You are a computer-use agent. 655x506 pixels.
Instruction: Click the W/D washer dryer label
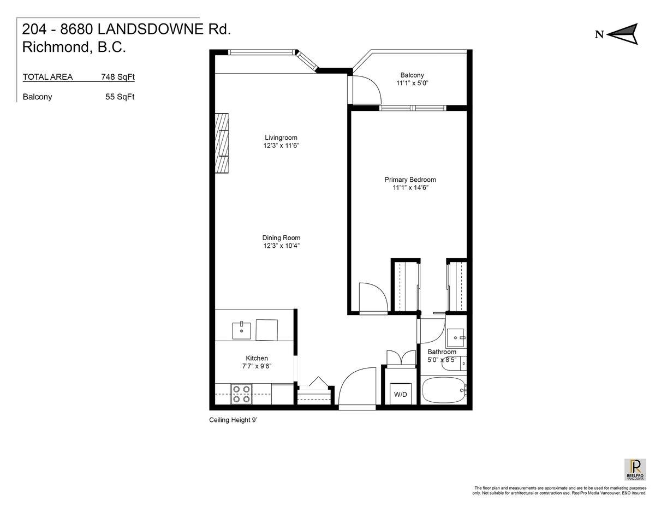pos(400,394)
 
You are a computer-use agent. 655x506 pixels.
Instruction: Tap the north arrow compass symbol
pos(623,34)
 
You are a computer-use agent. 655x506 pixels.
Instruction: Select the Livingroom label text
pos(281,138)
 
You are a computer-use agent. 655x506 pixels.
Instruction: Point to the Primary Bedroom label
pos(410,180)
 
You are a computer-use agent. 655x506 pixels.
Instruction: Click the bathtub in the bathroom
pos(443,391)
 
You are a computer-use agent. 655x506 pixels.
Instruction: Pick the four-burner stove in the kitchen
pos(241,394)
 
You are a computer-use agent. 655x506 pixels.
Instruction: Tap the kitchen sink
pos(241,331)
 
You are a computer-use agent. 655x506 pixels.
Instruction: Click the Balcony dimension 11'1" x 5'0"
pos(412,83)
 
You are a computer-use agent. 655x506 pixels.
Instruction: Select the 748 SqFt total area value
pos(118,77)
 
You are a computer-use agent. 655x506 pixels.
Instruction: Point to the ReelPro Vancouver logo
pos(635,469)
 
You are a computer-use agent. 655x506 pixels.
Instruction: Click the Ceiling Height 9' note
pos(233,420)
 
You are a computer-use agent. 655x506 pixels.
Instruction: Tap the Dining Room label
pos(281,238)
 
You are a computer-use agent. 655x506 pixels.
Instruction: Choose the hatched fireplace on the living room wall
pos(222,143)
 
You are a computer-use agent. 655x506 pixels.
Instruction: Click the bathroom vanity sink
pos(455,338)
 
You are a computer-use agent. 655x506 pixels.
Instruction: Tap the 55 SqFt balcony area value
pos(120,97)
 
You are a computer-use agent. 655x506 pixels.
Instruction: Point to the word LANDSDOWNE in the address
pos(150,29)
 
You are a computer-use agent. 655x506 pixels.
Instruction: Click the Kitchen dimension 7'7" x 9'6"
pos(257,366)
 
